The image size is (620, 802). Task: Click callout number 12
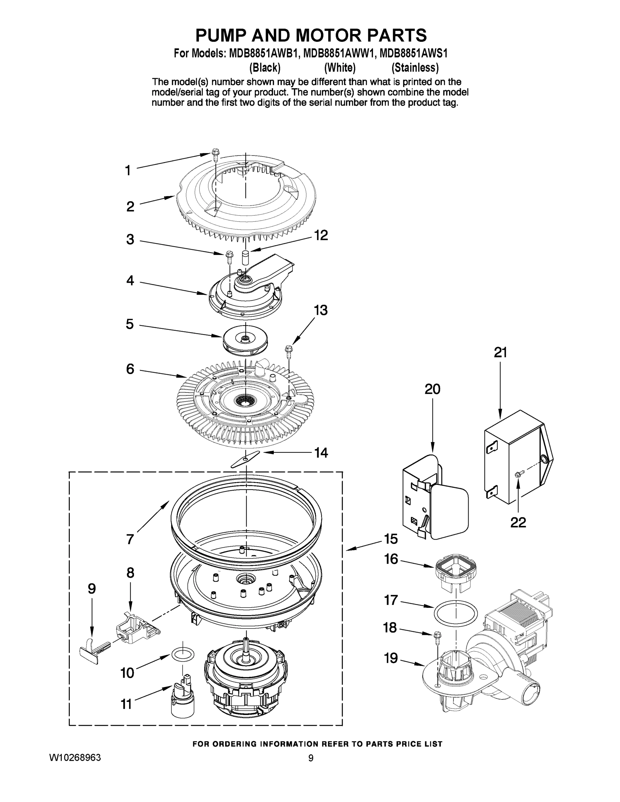click(321, 235)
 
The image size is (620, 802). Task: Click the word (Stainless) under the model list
click(415, 68)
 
